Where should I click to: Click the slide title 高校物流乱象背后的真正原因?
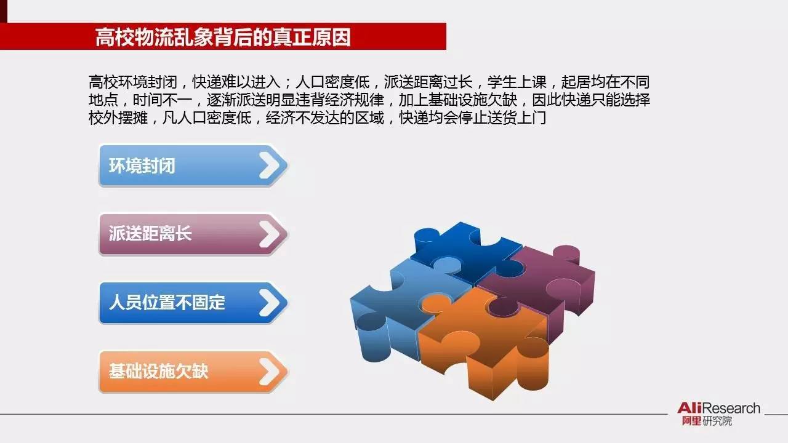click(223, 37)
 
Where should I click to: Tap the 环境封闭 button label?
click(142, 166)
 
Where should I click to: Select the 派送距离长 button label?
click(150, 234)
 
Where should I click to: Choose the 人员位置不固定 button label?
click(167, 302)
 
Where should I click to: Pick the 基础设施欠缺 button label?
click(159, 371)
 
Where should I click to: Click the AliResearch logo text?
click(718, 409)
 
